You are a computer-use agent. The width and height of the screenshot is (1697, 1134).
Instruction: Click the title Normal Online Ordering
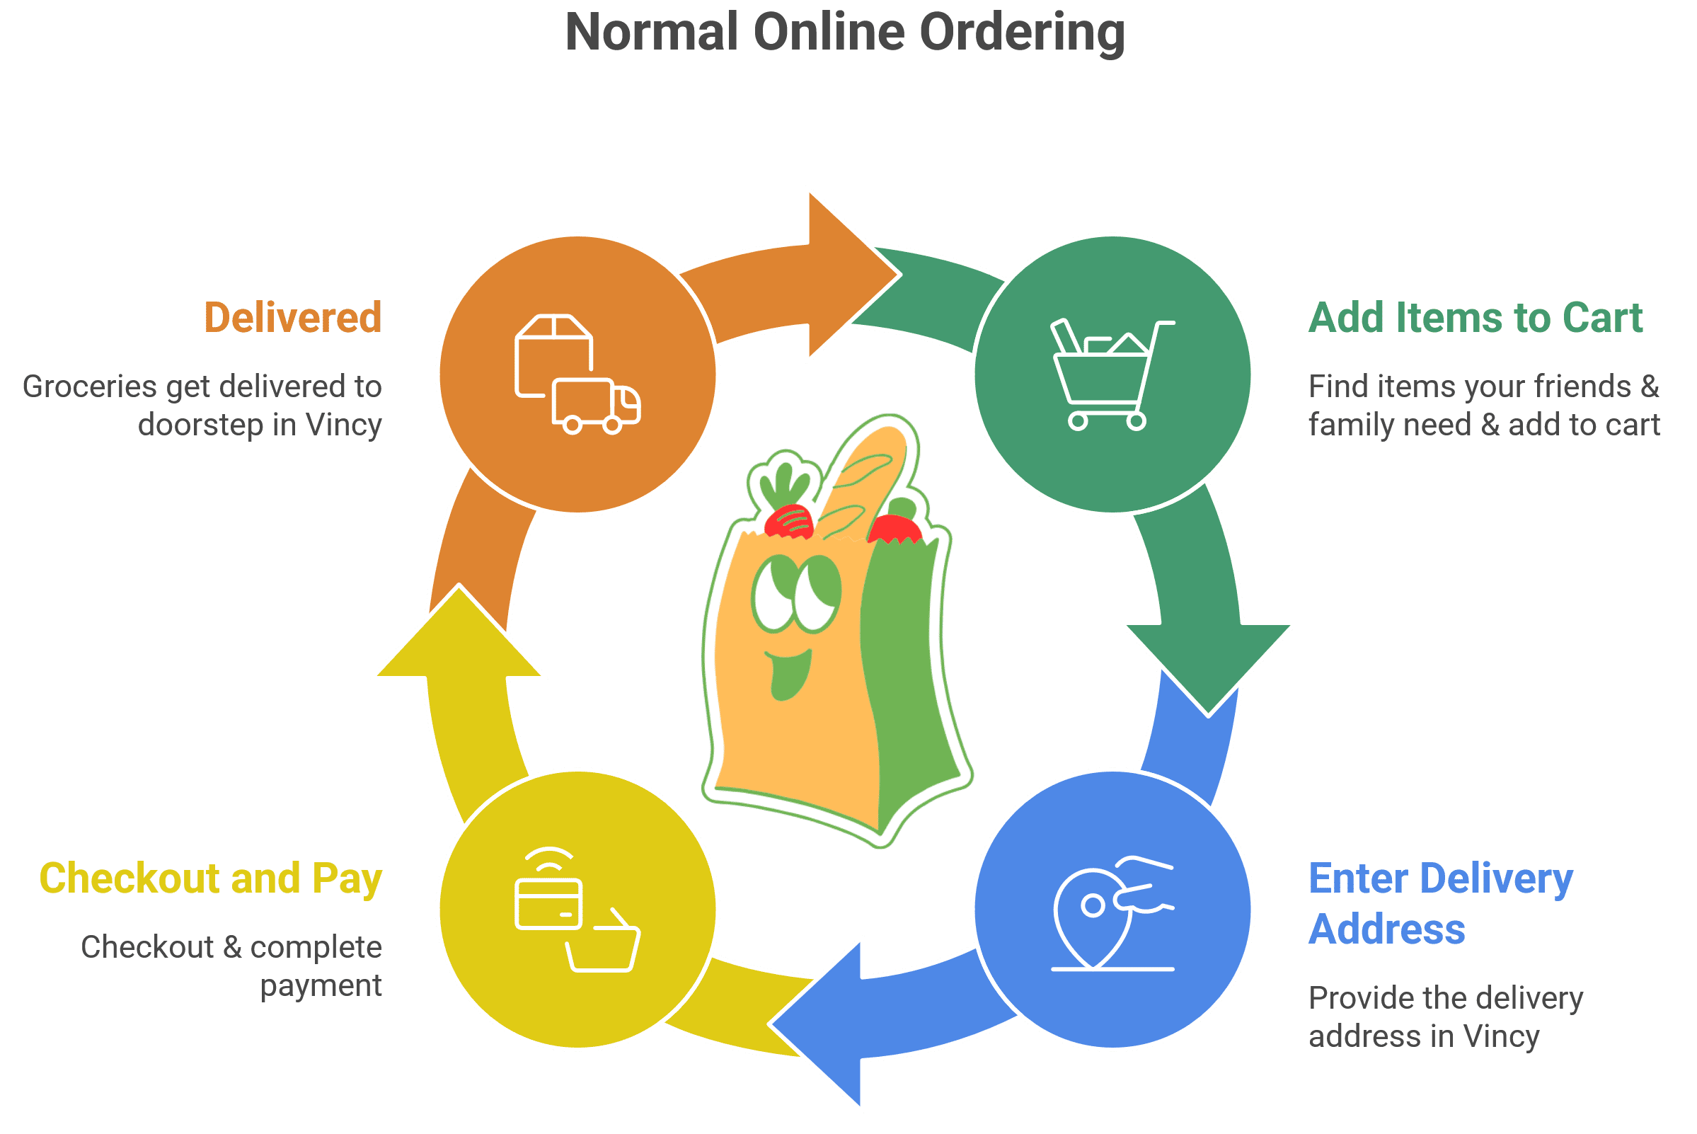(844, 32)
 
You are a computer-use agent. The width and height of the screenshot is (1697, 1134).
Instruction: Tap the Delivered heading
(293, 318)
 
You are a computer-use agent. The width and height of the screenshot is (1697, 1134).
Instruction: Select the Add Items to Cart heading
(1475, 318)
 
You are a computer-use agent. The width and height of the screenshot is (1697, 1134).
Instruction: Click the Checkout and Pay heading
(210, 878)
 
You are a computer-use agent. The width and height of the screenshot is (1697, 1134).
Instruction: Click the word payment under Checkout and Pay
(321, 985)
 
